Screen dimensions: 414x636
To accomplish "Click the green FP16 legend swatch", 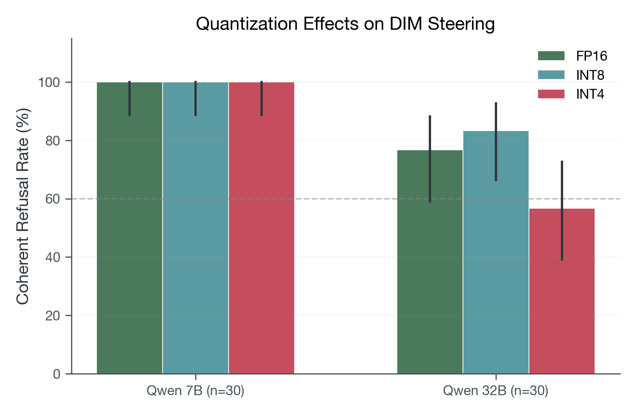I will tap(551, 56).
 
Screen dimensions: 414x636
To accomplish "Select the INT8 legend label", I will tap(590, 75).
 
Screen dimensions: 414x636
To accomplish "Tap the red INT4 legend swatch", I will tap(551, 94).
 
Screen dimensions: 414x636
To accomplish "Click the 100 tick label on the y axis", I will tap(49, 82).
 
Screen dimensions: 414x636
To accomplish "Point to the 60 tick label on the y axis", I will tap(53, 199).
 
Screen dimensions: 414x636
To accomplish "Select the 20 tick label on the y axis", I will tap(53, 316).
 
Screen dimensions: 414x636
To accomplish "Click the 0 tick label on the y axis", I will tap(57, 374).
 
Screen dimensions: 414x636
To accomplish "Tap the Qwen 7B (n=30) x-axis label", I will tap(196, 391).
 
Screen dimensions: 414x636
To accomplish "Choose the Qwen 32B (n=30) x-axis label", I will tap(496, 391).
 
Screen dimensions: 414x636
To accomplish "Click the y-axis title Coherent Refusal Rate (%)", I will tap(23, 206).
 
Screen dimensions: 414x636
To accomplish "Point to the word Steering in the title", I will tap(461, 24).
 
